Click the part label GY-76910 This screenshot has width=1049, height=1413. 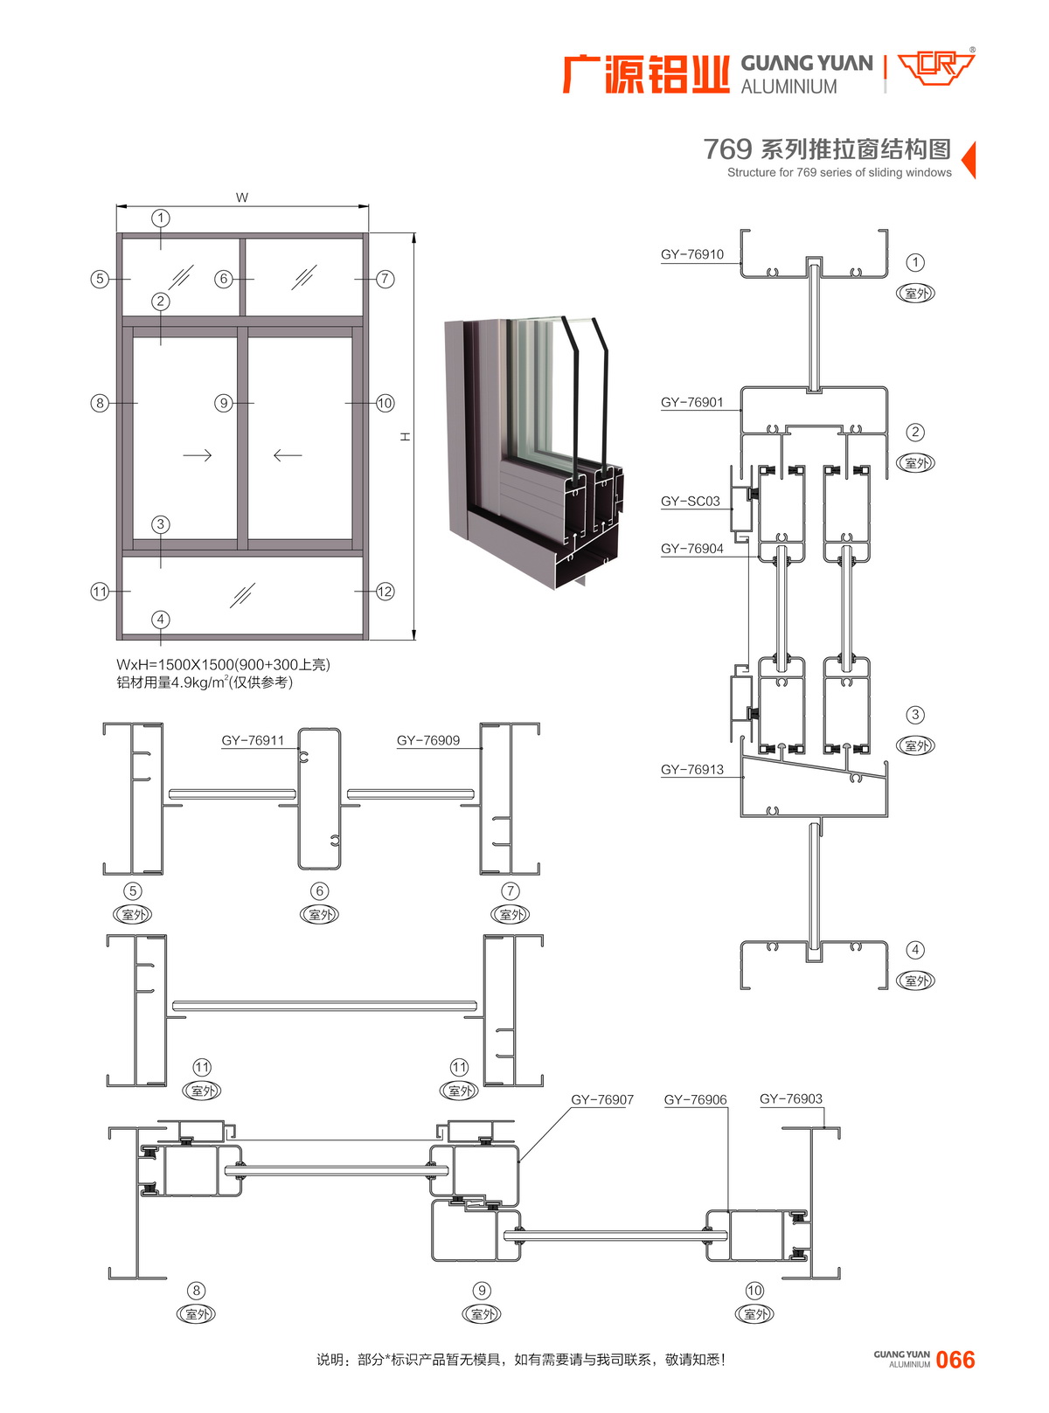tap(691, 254)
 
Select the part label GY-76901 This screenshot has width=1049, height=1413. tap(691, 402)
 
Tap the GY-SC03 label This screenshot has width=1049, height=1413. tap(690, 501)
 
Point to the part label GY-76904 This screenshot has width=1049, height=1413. tap(691, 548)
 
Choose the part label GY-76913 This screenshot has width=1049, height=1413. tap(691, 769)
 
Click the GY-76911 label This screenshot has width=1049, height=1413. tap(253, 739)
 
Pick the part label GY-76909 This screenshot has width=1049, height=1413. tap(427, 739)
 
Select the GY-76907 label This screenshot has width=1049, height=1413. tap(601, 1099)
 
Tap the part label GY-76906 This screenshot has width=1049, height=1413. tap(695, 1099)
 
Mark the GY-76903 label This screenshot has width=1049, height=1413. tap(790, 1098)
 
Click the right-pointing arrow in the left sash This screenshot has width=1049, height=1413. tap(197, 455)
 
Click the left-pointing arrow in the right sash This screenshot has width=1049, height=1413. tap(288, 455)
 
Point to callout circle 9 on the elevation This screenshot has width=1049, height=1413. tap(223, 403)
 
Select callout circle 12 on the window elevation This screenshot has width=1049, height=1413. tap(385, 592)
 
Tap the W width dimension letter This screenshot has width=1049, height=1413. tap(241, 197)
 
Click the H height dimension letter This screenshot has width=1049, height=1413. tap(406, 436)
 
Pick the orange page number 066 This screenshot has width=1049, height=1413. tap(955, 1359)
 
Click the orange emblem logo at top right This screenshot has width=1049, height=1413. tap(935, 69)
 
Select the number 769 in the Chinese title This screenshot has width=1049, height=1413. tap(727, 149)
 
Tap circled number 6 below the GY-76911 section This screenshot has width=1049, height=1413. tap(319, 890)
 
